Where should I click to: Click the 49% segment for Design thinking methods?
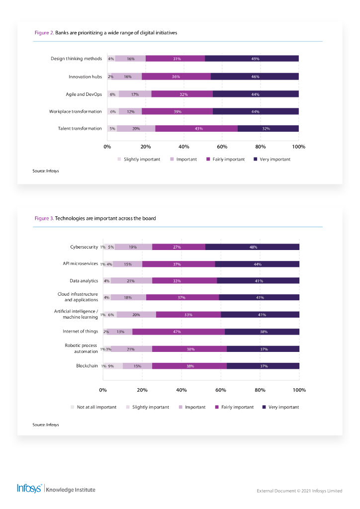tap(252, 59)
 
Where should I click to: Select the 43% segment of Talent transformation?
tap(196, 128)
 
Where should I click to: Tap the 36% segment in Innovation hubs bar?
tap(176, 77)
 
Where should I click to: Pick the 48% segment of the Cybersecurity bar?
tap(252, 247)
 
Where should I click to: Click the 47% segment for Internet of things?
tap(178, 332)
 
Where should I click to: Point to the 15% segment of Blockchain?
tap(137, 366)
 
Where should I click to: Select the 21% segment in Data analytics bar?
tap(131, 281)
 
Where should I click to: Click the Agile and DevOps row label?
tap(84, 94)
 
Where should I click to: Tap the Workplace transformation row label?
tap(75, 111)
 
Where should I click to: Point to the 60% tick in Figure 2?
tap(222, 147)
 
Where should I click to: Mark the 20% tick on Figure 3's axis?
tap(142, 390)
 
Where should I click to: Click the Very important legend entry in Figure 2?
tap(272, 159)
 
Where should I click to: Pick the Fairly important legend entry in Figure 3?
tap(234, 407)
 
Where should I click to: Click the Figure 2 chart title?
tap(106, 32)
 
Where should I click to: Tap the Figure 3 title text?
tap(95, 218)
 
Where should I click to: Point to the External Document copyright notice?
tap(299, 491)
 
